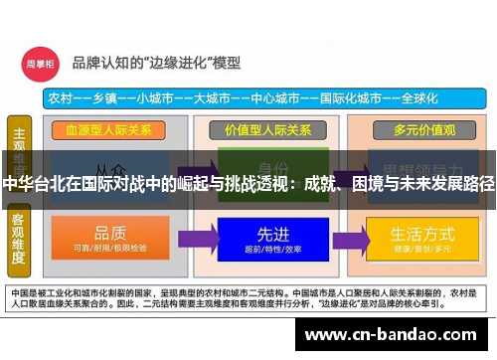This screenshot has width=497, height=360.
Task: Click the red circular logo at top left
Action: point(39,62)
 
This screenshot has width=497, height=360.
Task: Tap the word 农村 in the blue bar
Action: point(58,98)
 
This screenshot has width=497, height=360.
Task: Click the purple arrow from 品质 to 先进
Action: point(194,238)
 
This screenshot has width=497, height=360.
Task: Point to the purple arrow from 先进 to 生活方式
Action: point(351,238)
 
